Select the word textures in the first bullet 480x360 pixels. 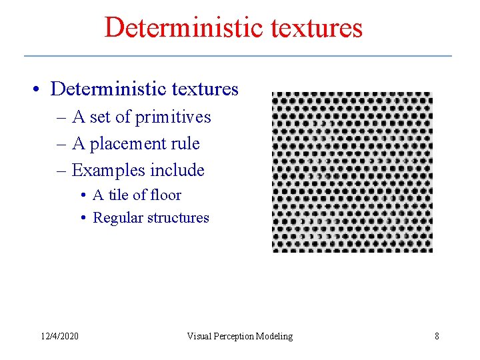coord(203,89)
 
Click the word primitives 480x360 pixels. coord(173,117)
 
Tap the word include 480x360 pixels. coord(177,171)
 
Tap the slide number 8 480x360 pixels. coord(437,336)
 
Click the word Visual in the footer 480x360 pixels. coord(199,336)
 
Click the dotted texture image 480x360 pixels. coord(352,172)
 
